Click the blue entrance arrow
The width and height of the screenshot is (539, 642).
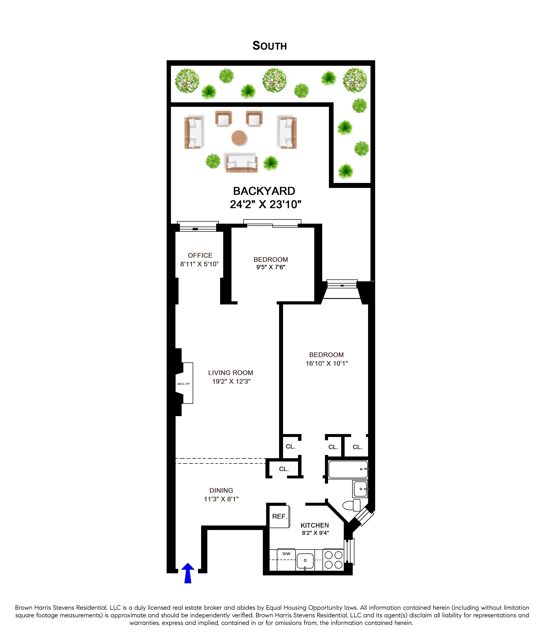click(x=188, y=573)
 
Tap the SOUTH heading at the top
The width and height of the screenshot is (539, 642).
click(x=269, y=46)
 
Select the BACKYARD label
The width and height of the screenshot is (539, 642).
click(x=264, y=191)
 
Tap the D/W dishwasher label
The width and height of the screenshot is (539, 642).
click(x=286, y=554)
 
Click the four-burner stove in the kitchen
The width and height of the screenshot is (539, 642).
click(x=333, y=560)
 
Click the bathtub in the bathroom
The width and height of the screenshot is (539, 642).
click(x=348, y=469)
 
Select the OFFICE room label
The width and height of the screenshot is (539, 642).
click(x=200, y=255)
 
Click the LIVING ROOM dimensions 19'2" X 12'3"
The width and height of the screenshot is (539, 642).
click(x=231, y=381)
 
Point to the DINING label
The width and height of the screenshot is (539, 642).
click(x=221, y=490)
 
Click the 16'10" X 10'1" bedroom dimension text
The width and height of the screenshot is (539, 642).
click(x=327, y=363)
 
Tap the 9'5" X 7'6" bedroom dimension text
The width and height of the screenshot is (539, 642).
click(x=271, y=267)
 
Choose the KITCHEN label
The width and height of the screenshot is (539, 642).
click(x=315, y=525)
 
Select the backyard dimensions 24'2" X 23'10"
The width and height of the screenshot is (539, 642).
click(x=265, y=204)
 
